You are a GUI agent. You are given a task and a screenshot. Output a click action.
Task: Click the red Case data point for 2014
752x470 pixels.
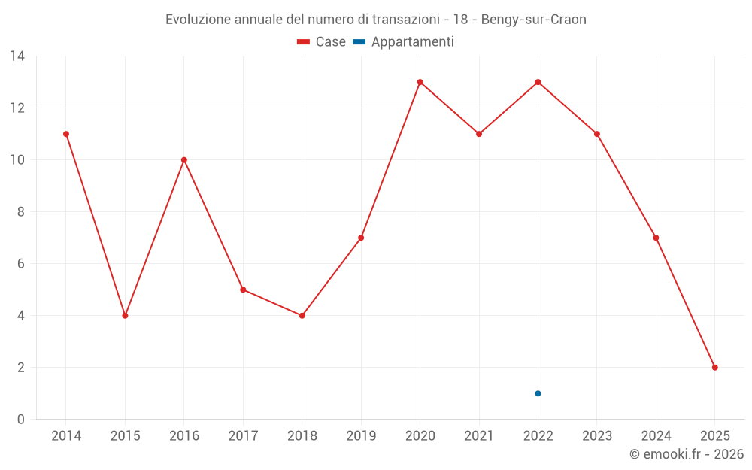pos(66,134)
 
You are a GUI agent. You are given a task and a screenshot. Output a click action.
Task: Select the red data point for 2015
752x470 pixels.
pos(125,316)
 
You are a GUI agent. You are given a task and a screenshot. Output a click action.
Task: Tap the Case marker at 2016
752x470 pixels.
pos(184,160)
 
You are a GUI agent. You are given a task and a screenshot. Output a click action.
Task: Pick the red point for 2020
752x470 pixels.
pos(420,82)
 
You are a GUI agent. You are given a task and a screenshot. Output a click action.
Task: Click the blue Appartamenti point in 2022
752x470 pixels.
pos(538,393)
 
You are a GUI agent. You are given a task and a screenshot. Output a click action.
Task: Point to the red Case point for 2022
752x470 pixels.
pos(538,82)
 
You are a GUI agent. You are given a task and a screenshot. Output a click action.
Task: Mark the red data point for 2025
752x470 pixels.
pos(714,368)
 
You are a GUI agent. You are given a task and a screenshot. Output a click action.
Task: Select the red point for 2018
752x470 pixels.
pos(302,316)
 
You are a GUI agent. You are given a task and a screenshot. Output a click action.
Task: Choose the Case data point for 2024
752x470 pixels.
pos(656,238)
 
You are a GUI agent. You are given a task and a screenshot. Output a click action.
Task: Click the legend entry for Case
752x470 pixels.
pos(322,42)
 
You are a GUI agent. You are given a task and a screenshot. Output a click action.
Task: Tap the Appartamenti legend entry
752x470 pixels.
pos(404,42)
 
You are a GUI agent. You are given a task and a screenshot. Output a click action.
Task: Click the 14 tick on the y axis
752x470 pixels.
pos(17,56)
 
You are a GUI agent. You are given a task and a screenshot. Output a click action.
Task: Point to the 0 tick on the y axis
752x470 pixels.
pos(21,420)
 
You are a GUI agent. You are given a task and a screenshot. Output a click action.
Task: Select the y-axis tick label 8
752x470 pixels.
pos(21,212)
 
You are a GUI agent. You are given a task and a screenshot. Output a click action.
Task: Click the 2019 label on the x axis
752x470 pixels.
pos(361,436)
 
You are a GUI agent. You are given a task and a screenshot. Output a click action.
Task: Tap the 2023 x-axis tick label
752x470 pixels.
pos(597,436)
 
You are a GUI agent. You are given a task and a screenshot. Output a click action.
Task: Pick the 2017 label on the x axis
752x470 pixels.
pos(243,436)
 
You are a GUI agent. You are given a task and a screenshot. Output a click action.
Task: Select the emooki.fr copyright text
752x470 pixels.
pos(687,454)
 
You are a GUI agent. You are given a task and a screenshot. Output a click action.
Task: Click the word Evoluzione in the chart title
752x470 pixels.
pos(197,20)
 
